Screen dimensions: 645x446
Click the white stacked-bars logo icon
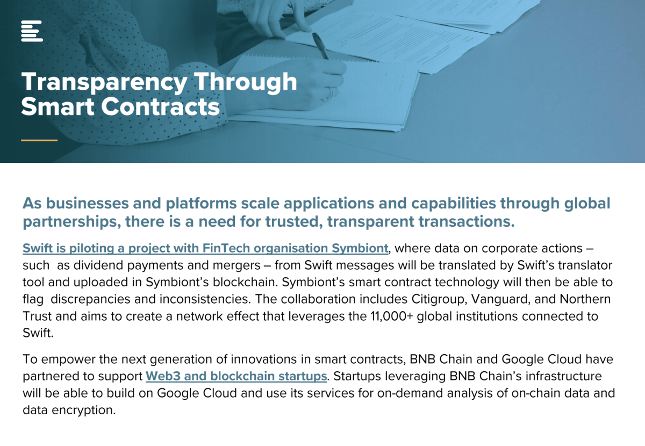coord(32,31)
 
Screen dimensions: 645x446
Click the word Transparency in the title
coord(104,83)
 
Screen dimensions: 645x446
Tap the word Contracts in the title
coord(160,107)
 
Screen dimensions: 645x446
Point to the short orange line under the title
coord(39,140)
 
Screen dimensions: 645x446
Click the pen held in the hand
coord(321,46)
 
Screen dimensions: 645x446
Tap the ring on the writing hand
coord(330,93)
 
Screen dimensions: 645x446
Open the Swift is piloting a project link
coord(205,248)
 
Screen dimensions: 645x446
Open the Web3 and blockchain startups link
coord(236,376)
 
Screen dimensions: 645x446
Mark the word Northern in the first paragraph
coord(585,299)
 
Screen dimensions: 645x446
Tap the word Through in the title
coord(245,83)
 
